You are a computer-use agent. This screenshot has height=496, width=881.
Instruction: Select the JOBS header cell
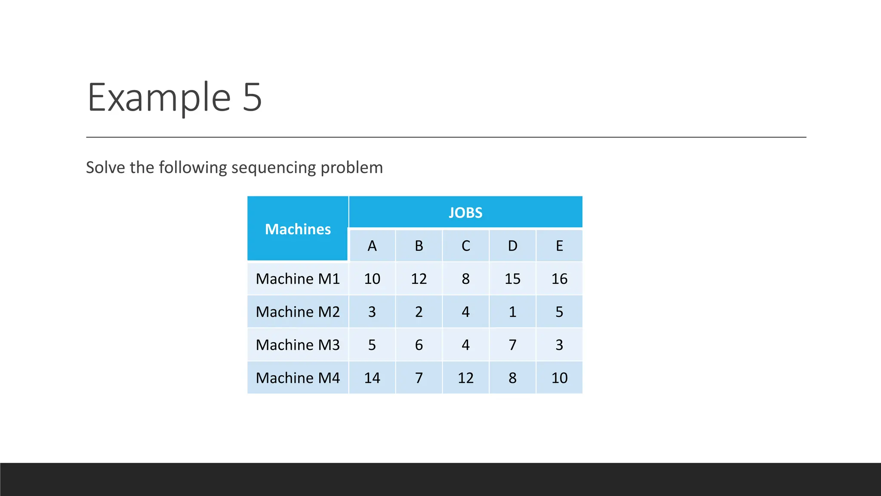[x=465, y=212]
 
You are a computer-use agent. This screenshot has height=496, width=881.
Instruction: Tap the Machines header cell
[x=298, y=229]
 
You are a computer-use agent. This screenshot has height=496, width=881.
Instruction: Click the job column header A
[x=372, y=246]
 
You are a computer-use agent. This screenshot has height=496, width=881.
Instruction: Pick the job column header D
[x=512, y=246]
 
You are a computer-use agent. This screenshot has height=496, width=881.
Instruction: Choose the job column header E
[x=559, y=246]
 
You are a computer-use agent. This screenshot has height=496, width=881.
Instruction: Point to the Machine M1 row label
[x=298, y=279]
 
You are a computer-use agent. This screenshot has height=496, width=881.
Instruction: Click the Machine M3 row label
[x=298, y=345]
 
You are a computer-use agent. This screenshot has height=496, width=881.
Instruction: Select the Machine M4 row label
[x=298, y=378]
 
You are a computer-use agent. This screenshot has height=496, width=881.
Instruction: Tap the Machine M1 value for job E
[x=559, y=279]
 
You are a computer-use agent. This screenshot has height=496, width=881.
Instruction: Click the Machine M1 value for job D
[x=512, y=279]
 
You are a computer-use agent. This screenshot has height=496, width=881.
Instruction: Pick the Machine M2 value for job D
[x=512, y=312]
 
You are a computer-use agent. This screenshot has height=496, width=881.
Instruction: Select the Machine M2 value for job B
[x=419, y=312]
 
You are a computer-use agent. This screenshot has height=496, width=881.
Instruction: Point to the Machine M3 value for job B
[x=419, y=345]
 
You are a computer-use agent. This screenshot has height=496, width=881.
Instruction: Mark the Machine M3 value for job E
[x=559, y=345]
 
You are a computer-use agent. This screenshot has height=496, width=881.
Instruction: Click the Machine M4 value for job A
[x=372, y=378]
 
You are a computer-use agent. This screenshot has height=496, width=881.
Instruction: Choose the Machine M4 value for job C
[x=465, y=378]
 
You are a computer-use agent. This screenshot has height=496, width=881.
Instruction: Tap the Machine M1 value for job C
[x=465, y=279]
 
